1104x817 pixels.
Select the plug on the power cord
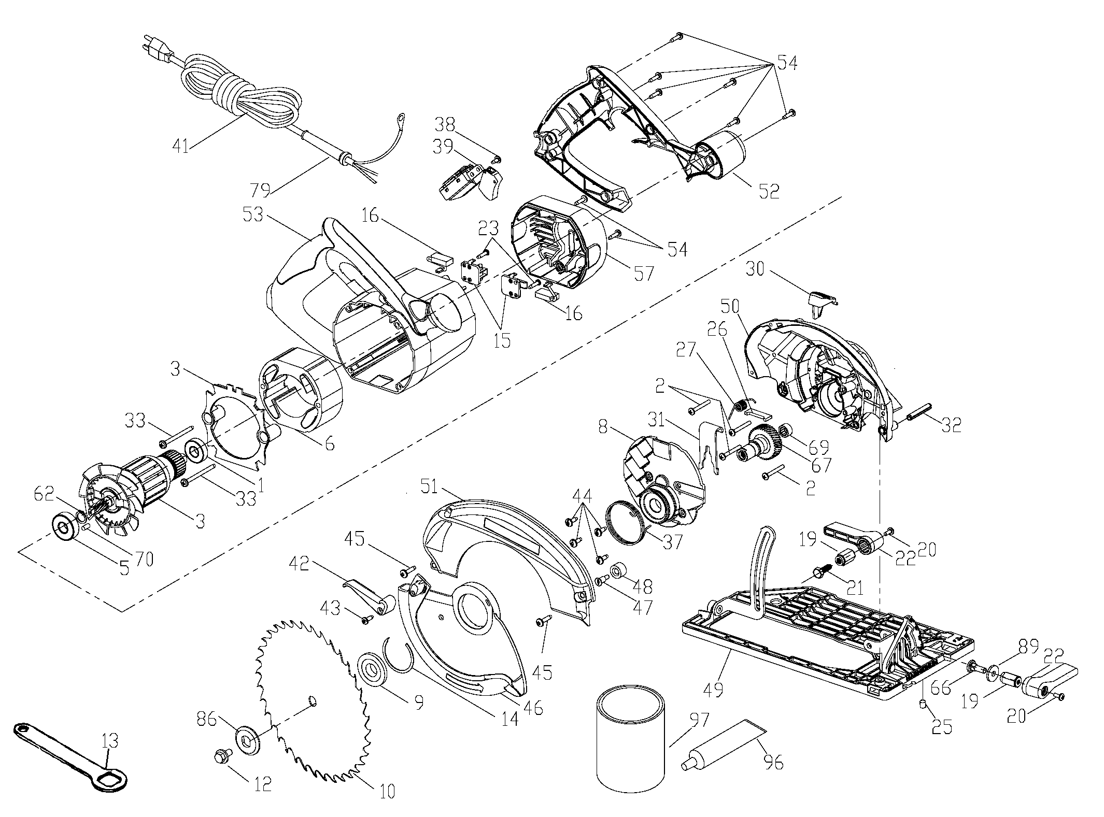[x=158, y=50]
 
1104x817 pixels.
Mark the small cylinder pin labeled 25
[x=923, y=704]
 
